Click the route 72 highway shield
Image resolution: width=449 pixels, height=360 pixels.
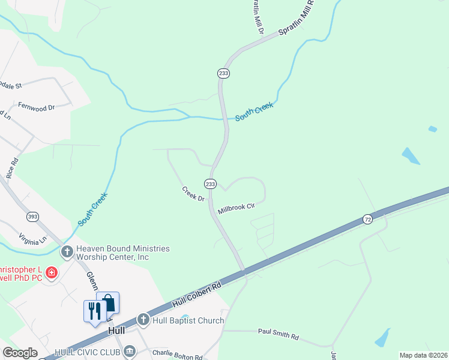[367, 220]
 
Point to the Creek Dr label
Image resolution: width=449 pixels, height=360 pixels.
[193, 194]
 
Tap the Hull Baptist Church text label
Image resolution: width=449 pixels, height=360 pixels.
[188, 320]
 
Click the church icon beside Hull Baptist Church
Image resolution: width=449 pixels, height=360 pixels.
[143, 320]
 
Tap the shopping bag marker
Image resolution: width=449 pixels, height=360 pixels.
[108, 303]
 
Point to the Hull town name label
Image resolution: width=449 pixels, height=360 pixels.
[116, 331]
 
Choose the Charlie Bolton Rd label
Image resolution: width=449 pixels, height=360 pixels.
[177, 355]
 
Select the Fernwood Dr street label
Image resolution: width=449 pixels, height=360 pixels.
[36, 107]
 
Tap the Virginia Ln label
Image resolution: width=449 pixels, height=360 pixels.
[32, 240]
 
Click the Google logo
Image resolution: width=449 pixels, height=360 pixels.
[20, 353]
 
